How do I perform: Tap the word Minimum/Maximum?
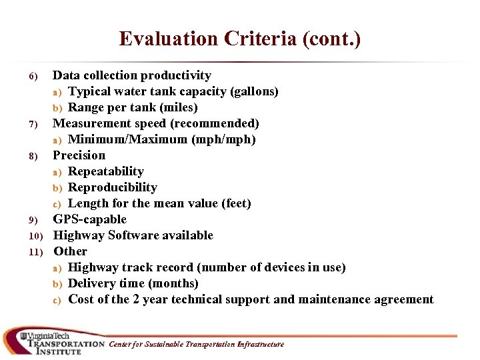coord(127,139)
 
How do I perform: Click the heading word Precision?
coord(79,155)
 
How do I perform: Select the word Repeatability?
coord(106,171)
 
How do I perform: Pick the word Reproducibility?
coord(113,187)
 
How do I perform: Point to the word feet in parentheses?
coord(237,203)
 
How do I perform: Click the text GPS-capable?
coord(90,219)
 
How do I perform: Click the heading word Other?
coord(71,251)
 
